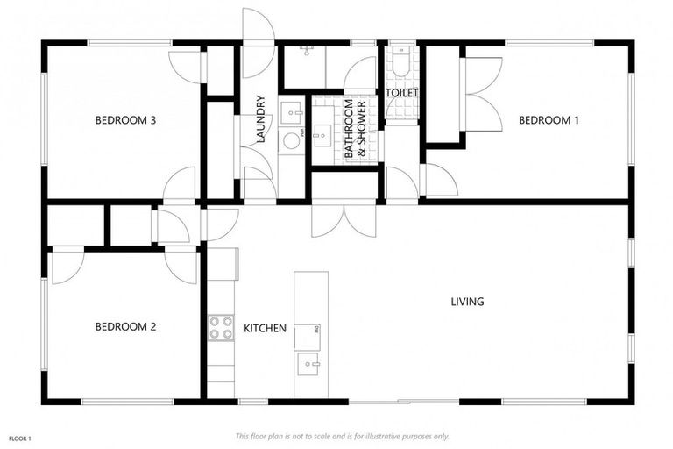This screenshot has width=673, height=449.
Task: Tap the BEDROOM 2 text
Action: [125, 327]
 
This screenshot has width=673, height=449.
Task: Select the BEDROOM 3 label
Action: [125, 120]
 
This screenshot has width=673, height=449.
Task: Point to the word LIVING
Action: [467, 302]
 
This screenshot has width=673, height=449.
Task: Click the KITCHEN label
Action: [265, 329]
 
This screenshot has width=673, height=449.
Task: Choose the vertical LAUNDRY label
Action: [260, 119]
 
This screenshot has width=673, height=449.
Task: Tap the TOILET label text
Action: [402, 93]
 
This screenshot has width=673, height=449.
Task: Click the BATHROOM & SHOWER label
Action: [354, 130]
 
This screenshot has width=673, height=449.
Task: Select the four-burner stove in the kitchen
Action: [220, 327]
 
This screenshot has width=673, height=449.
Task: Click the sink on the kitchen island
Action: [309, 361]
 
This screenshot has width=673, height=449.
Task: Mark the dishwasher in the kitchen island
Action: [308, 335]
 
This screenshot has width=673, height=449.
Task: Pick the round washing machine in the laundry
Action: [292, 140]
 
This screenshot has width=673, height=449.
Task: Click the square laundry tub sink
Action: [292, 113]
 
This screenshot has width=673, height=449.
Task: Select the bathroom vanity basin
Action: [322, 135]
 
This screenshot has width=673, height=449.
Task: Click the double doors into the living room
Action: [344, 219]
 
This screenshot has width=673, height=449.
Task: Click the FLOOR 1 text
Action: [20, 437]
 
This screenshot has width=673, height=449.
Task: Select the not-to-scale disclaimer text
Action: [343, 436]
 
